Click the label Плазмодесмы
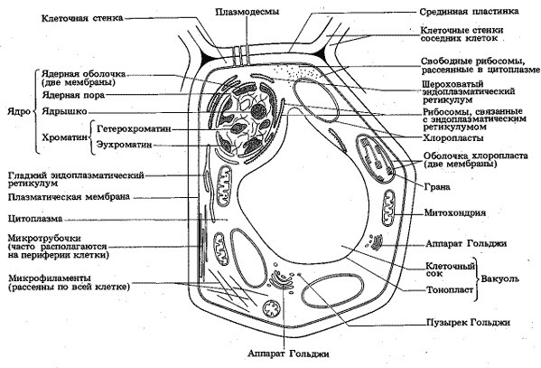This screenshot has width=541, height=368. (247, 12)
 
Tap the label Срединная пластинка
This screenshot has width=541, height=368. (470, 12)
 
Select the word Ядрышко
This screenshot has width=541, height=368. (64, 111)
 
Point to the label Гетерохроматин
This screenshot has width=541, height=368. (135, 129)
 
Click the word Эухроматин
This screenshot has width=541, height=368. (125, 144)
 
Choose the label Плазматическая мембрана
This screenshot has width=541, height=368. (69, 197)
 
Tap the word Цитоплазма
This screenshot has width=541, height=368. (35, 219)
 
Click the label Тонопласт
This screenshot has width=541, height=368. (450, 289)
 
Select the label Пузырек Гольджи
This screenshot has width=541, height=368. (468, 323)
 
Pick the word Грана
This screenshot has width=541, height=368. (437, 187)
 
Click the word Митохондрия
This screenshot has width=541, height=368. (454, 212)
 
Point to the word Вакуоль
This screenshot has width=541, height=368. (500, 278)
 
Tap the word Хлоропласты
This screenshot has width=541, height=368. (453, 137)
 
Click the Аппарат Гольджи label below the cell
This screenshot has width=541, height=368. (288, 354)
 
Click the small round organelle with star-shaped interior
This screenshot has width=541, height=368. (272, 308)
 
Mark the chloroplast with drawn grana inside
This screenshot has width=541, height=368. (376, 159)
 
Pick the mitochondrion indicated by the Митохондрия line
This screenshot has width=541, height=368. (389, 208)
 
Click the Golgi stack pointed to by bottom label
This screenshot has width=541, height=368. (281, 279)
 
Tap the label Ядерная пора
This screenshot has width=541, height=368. (73, 95)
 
